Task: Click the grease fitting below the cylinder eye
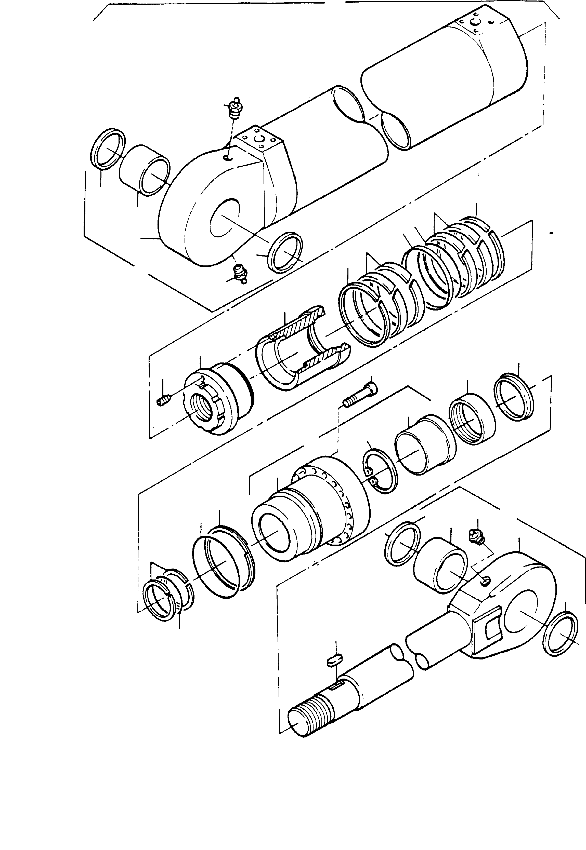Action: coord(241,274)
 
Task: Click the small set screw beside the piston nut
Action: coord(163,401)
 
